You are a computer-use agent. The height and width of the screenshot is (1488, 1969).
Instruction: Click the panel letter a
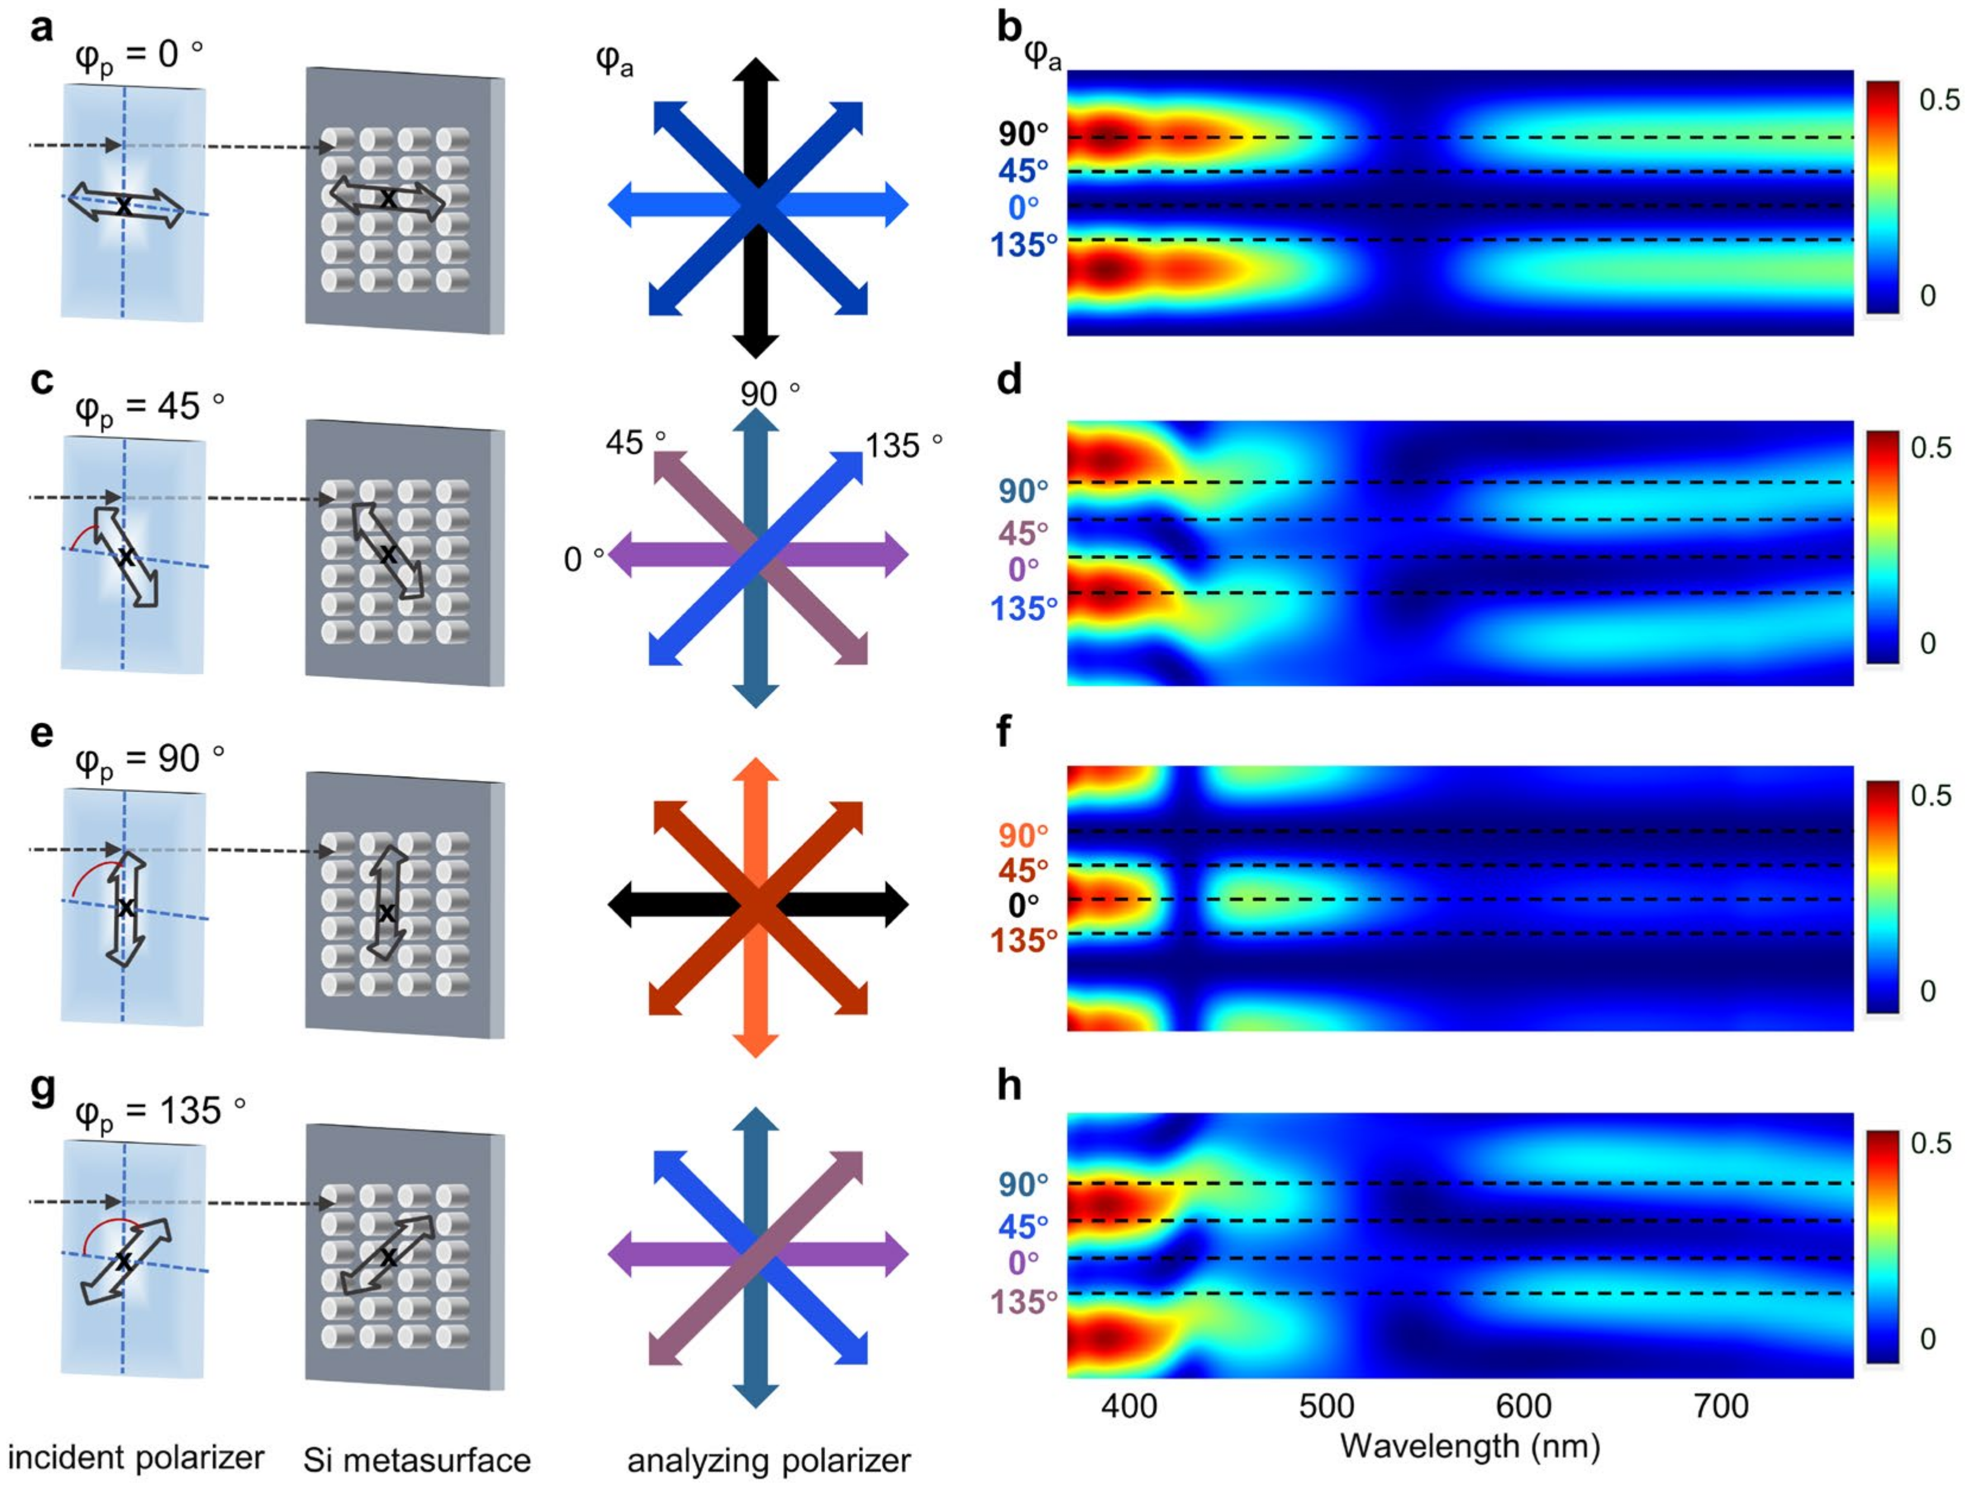(41, 29)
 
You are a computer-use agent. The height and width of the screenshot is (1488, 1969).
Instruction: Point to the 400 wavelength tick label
(1129, 1407)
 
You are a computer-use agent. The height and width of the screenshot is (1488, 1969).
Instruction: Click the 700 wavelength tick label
(1722, 1407)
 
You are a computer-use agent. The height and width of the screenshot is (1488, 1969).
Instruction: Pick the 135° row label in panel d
(1024, 609)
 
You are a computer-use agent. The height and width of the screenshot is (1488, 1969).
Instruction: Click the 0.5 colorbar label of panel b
(1939, 100)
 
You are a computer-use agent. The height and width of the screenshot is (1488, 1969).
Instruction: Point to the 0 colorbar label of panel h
(1928, 1338)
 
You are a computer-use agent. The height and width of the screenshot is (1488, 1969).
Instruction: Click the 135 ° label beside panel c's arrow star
(904, 445)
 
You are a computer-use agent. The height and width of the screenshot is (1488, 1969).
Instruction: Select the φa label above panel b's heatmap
(1042, 56)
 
